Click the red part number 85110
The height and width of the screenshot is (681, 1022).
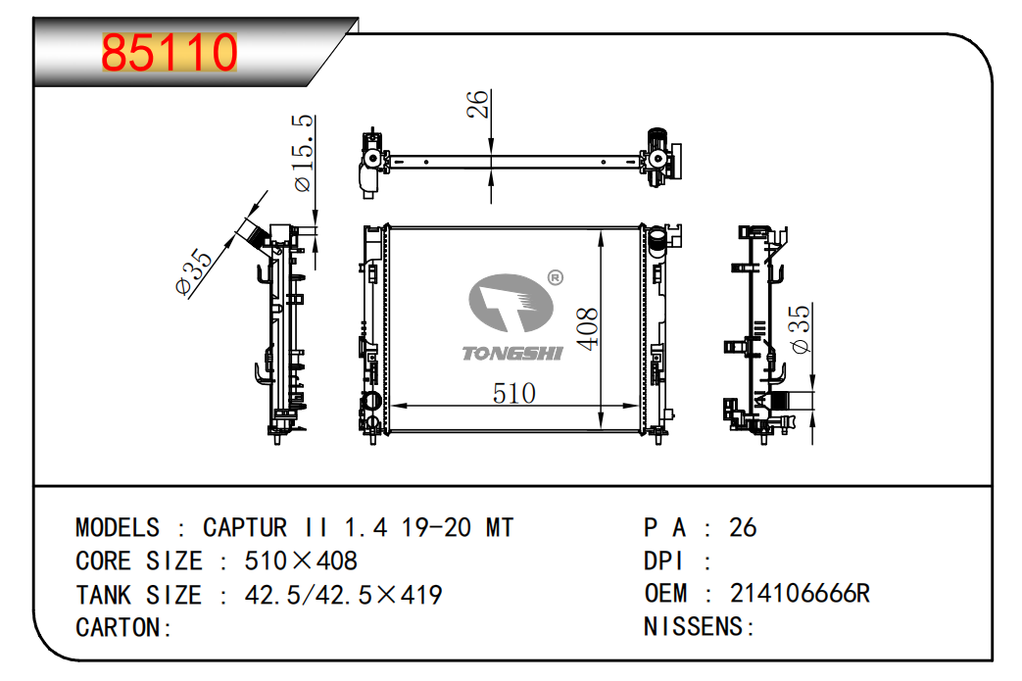point(170,52)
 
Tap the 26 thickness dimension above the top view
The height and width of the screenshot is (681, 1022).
point(477,104)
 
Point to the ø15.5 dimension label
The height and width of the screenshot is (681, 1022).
point(303,153)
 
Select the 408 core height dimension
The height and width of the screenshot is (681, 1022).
point(587,329)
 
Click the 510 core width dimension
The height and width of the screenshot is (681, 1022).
point(514,394)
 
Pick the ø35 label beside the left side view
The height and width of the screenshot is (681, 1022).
point(194,271)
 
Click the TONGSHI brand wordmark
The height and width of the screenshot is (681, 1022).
point(512,353)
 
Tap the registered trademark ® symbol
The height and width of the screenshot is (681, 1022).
point(556,278)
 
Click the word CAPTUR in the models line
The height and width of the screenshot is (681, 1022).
point(245,528)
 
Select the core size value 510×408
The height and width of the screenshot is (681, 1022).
point(301,561)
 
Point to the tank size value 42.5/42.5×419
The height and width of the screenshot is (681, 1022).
point(344,595)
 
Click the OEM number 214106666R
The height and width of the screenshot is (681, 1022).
point(800,594)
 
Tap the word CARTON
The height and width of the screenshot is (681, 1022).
point(118,628)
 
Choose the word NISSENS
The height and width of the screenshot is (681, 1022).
point(694,627)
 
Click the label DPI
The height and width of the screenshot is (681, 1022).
point(663,561)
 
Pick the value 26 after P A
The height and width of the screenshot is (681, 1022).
point(743,528)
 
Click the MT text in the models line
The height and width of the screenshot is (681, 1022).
point(500,528)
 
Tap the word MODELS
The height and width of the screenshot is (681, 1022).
point(118,528)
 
